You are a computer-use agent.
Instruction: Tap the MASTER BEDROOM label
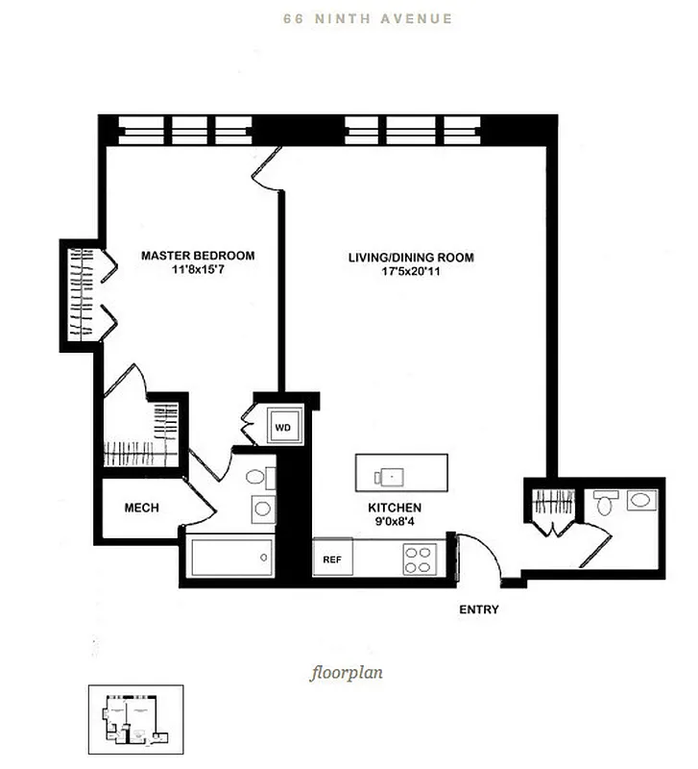pyautogui.click(x=198, y=256)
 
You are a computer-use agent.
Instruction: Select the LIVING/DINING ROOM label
pyautogui.click(x=410, y=258)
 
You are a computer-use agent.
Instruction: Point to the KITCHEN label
pyautogui.click(x=395, y=508)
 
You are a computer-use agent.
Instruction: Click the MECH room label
pyautogui.click(x=141, y=508)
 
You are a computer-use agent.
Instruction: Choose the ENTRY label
pyautogui.click(x=479, y=609)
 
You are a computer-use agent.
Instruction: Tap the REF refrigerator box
pyautogui.click(x=332, y=558)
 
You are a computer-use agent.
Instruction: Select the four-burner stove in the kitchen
pyautogui.click(x=420, y=558)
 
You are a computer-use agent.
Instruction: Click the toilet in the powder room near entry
pyautogui.click(x=605, y=503)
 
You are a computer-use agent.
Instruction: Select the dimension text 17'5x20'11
pyautogui.click(x=410, y=272)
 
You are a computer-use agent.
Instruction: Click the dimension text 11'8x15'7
pyautogui.click(x=198, y=271)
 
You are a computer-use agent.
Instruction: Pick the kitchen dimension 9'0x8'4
pyautogui.click(x=395, y=523)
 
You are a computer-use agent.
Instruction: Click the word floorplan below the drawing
pyautogui.click(x=347, y=672)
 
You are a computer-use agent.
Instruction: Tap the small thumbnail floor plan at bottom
pyautogui.click(x=129, y=721)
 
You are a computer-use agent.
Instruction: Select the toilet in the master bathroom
pyautogui.click(x=255, y=478)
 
